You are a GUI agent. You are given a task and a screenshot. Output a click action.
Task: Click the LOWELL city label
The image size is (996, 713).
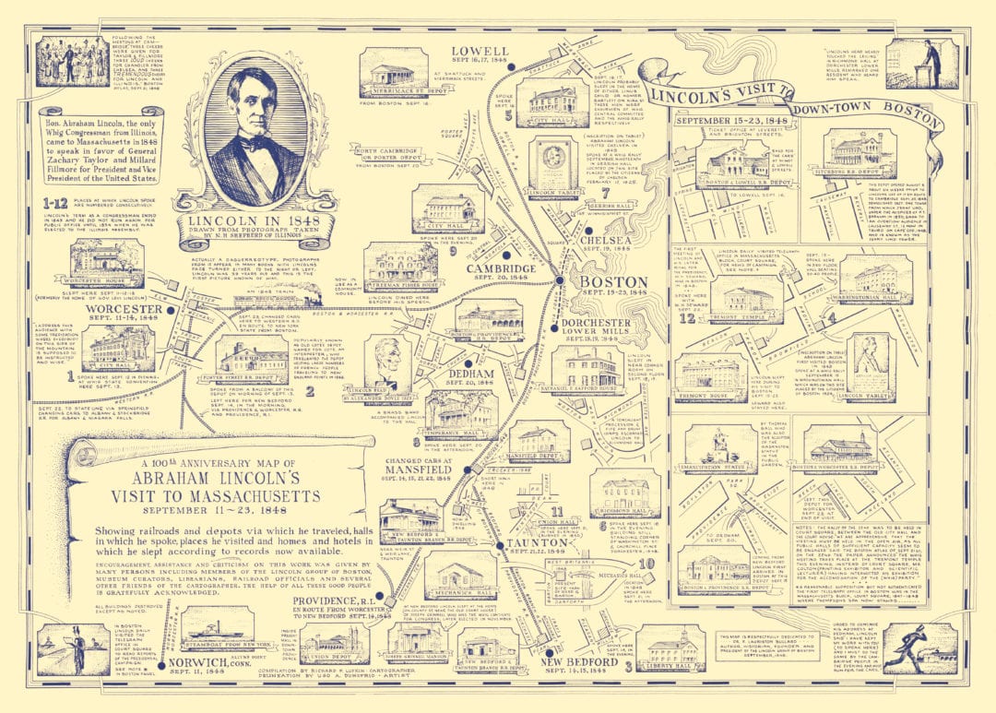(x=480, y=52)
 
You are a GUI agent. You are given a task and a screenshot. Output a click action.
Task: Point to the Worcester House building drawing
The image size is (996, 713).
(x=107, y=262)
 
